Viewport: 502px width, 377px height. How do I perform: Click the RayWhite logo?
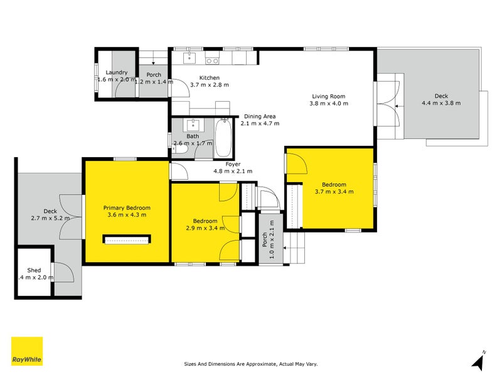coord(27,351)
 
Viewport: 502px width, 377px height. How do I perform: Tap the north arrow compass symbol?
coord(479,361)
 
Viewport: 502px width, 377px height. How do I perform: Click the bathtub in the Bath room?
coord(223,138)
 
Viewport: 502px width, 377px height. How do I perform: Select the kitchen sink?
coord(190,58)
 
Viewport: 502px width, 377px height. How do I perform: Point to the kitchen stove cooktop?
coord(212,60)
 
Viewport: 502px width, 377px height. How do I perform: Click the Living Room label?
coord(329,96)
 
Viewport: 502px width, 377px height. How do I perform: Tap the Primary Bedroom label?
coord(127,208)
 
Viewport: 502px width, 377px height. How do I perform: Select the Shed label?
coord(34,270)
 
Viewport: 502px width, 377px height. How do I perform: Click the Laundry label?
coord(117,72)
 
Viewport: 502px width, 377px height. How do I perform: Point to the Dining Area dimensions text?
coord(260,123)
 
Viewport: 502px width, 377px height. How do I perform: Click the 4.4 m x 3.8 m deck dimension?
coord(441,103)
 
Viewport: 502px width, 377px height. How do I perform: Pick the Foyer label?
coord(233,164)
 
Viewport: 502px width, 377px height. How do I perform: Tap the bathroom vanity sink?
coord(193,125)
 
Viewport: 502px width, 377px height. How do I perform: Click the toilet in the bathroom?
coord(179,149)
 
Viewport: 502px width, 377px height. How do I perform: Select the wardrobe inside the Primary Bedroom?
coord(127,239)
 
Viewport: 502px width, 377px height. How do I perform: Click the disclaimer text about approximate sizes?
coord(250,364)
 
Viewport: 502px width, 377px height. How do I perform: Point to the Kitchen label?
coord(210,77)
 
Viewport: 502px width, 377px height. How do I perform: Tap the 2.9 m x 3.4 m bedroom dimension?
coord(205,228)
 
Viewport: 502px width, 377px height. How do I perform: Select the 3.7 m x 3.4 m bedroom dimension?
coord(334,192)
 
